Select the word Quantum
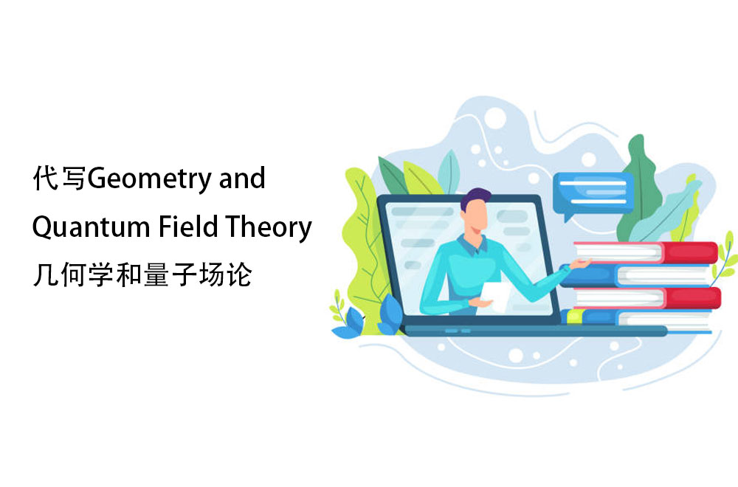point(91,227)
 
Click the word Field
point(188,226)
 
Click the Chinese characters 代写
point(59,178)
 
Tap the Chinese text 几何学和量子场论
point(142,274)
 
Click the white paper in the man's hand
point(496,297)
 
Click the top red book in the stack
point(646,253)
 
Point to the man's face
point(476,217)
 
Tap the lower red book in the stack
point(646,298)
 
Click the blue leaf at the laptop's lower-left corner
point(389,314)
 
